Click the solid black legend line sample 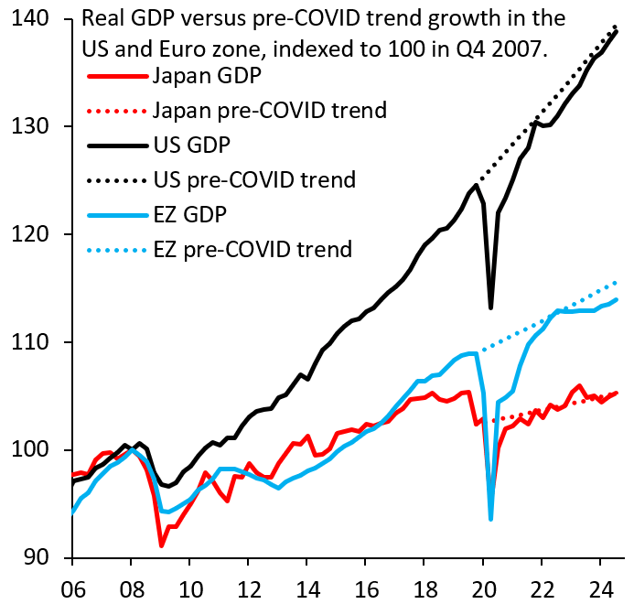[x=117, y=145]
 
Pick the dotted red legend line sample [x=117, y=111]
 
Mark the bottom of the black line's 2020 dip [x=491, y=307]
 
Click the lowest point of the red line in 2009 [x=162, y=545]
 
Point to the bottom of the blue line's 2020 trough [x=491, y=519]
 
